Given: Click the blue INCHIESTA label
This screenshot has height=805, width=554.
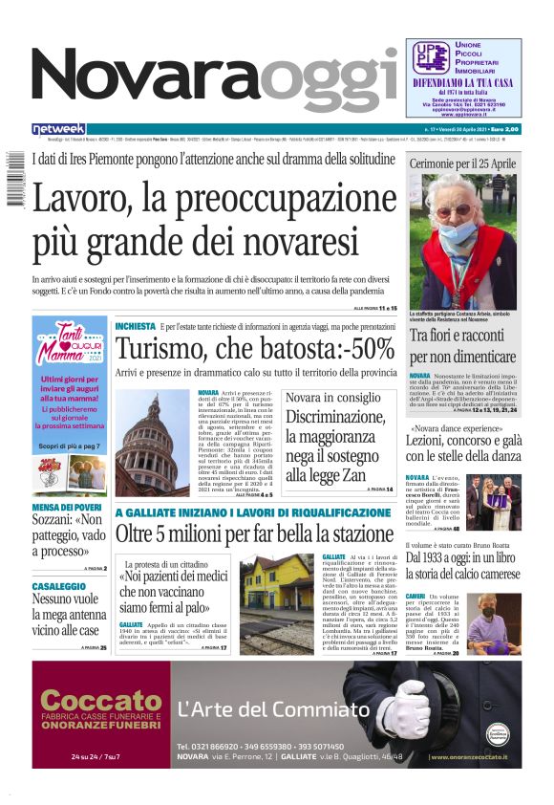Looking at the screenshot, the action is click(135, 326).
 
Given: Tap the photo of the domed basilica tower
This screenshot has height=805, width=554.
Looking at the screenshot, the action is click(152, 444).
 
